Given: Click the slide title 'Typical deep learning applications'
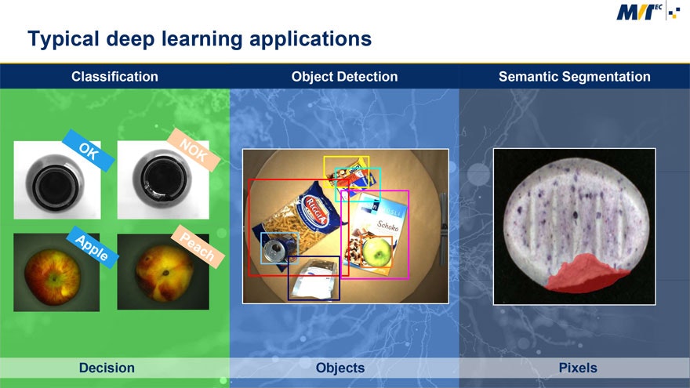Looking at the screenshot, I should (x=199, y=38).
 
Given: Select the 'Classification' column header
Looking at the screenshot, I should (x=114, y=76).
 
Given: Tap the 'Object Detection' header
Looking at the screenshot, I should (x=344, y=76).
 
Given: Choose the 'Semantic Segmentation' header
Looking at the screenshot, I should (x=574, y=76).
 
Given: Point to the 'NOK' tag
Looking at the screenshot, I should (x=194, y=149).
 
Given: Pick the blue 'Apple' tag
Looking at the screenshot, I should (x=93, y=247).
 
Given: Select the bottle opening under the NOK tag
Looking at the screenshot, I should (x=161, y=183).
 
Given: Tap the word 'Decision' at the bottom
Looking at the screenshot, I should (x=107, y=368).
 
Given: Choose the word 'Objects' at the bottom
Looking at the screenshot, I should (x=340, y=368).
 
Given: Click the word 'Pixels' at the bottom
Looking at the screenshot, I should (x=578, y=368).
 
